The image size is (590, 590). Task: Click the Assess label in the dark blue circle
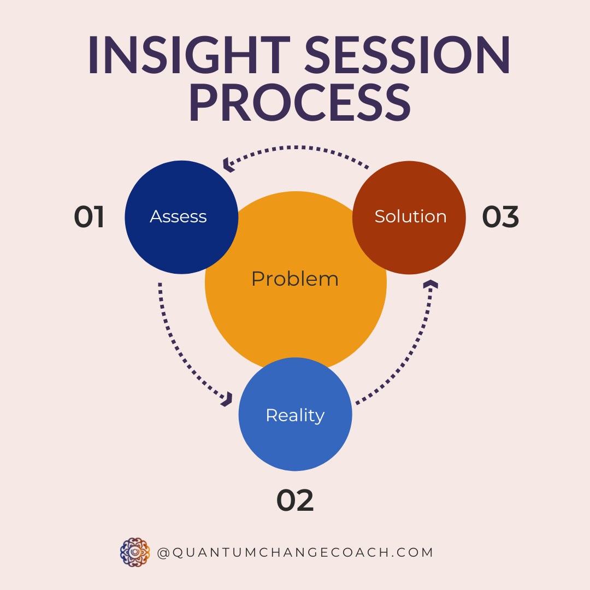[179, 217]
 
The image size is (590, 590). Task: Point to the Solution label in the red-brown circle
[410, 217]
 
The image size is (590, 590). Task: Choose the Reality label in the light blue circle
[295, 415]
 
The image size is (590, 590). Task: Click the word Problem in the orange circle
[295, 279]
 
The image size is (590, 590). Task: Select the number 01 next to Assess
[89, 217]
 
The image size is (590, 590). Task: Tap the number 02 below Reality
[295, 500]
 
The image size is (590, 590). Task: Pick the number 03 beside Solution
[500, 217]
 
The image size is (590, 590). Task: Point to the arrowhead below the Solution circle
[430, 285]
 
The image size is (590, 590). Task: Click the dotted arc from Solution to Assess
[298, 147]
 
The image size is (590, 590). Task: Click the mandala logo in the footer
[135, 552]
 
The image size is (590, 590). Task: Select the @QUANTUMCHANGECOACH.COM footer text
[295, 552]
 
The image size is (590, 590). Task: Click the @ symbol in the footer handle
[163, 553]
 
